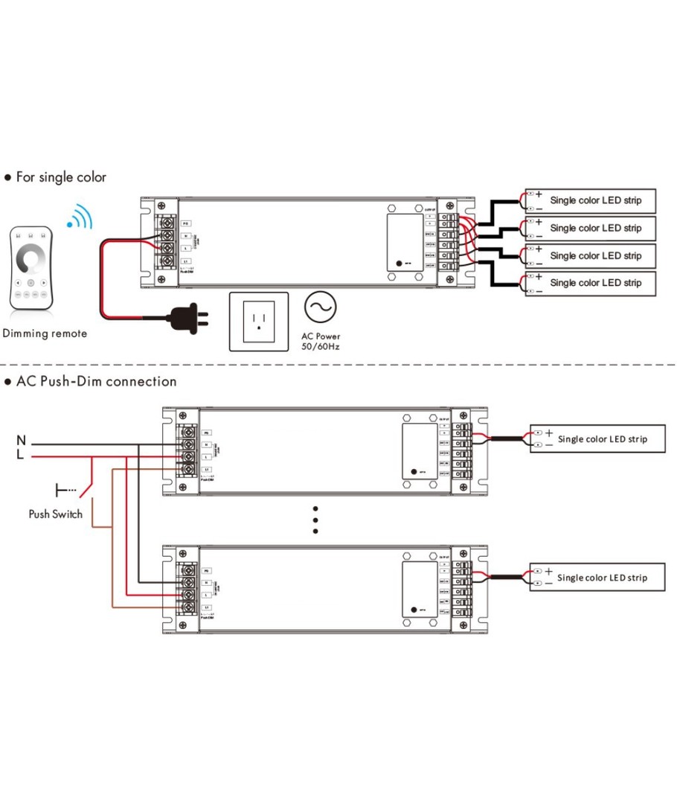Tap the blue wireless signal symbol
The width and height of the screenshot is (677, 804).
80,216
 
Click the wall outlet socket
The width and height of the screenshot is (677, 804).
258,321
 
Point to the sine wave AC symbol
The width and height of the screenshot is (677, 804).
320,307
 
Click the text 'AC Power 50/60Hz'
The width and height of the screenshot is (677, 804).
321,341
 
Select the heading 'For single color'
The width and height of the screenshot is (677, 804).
61,177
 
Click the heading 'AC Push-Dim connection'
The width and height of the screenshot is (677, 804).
96,381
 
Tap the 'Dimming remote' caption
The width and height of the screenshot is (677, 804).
45,333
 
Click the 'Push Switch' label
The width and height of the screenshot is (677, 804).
56,514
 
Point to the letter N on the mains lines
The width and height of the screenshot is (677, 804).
21,441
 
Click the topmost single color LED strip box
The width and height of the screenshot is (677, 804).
591,200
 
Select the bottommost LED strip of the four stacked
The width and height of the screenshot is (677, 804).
591,283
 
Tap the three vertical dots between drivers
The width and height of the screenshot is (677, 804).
315,520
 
